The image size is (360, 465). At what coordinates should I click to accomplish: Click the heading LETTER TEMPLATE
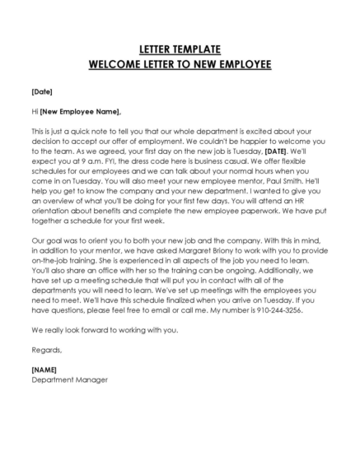(x=180, y=49)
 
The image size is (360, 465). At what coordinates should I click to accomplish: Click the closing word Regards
(x=47, y=348)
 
